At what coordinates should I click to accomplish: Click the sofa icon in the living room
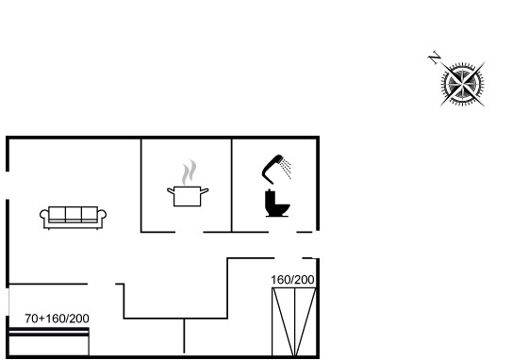(x=74, y=218)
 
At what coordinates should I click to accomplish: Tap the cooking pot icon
(x=188, y=196)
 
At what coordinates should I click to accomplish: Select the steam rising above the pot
(x=189, y=172)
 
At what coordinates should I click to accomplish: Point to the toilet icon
(x=277, y=204)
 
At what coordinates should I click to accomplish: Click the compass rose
(x=463, y=84)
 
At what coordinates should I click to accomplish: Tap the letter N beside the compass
(x=435, y=57)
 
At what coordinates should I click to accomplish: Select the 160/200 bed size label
(x=292, y=280)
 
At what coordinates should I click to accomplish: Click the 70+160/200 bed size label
(x=57, y=319)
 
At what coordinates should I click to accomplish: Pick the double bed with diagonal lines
(x=294, y=321)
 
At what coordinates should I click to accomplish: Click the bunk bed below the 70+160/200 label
(x=49, y=341)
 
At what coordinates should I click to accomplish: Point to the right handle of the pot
(x=204, y=191)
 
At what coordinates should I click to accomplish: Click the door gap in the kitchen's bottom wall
(x=190, y=232)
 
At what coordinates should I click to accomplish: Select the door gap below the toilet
(x=283, y=232)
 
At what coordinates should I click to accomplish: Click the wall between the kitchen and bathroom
(x=232, y=186)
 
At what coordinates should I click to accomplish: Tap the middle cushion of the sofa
(x=74, y=214)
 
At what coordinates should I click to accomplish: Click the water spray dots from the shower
(x=286, y=170)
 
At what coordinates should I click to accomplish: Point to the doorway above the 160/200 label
(x=289, y=258)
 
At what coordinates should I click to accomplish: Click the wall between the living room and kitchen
(x=141, y=186)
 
